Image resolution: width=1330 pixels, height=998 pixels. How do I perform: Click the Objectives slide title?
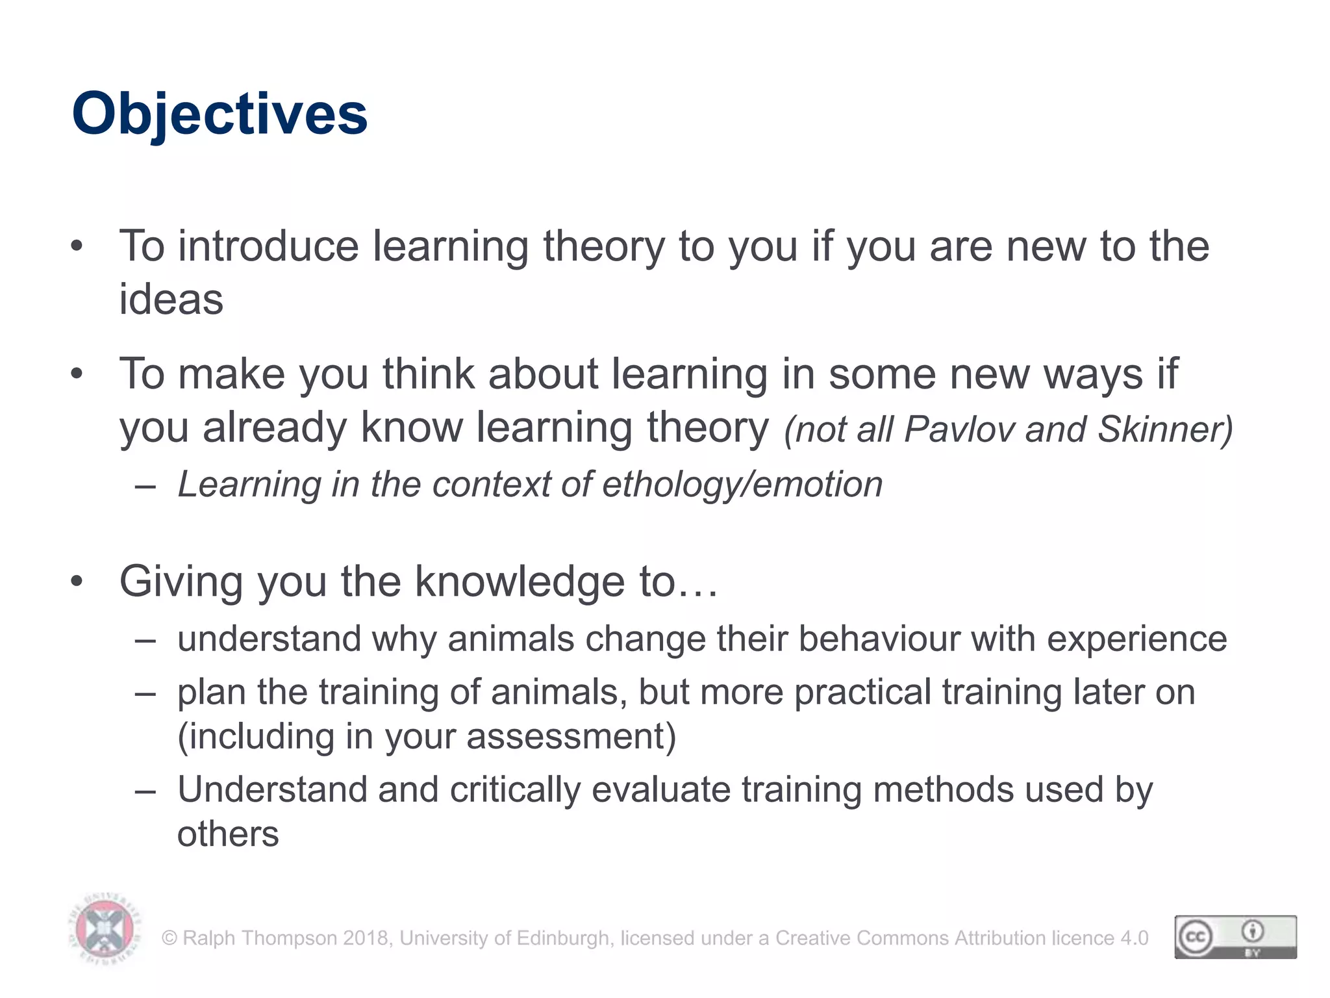[x=220, y=114]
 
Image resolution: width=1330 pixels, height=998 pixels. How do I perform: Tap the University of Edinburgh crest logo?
[x=105, y=930]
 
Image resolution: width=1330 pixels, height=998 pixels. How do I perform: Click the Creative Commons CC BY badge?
[x=1235, y=936]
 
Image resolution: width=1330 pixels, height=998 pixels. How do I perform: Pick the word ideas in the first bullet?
[x=171, y=300]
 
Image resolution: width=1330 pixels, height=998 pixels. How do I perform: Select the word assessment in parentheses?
[x=570, y=737]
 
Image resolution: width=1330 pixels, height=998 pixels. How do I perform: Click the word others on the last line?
[x=228, y=834]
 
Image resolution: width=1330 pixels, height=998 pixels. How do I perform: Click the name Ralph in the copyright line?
[x=207, y=938]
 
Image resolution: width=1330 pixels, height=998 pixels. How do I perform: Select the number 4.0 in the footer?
[x=1134, y=938]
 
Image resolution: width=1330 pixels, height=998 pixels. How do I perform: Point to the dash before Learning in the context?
[x=145, y=486]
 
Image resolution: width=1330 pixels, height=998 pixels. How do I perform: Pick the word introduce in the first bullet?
[x=268, y=247]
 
